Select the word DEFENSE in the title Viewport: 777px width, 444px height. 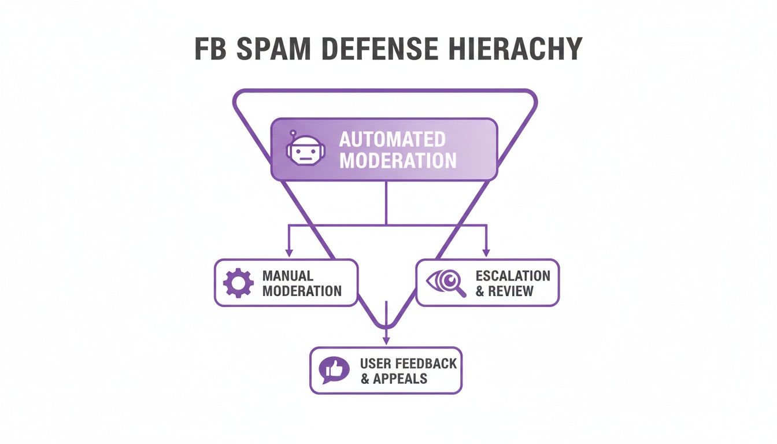(x=380, y=50)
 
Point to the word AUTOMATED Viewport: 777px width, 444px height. (x=392, y=139)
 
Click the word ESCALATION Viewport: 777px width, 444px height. (x=513, y=275)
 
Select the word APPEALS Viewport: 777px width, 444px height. (x=400, y=379)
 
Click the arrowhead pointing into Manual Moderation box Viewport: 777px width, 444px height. (x=288, y=253)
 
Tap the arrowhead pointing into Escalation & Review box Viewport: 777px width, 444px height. (x=486, y=253)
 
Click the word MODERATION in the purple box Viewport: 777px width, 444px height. (x=398, y=160)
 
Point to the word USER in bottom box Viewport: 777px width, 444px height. (x=375, y=364)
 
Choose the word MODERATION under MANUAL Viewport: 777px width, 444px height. (x=301, y=291)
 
